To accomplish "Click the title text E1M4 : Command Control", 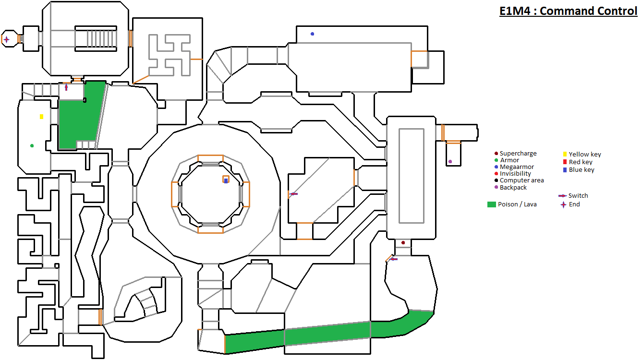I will coord(568,11).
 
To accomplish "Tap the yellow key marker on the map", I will coord(42,117).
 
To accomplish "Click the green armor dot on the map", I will coord(32,145).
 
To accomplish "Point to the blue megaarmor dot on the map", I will coord(312,34).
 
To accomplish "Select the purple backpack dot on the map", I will coord(450,162).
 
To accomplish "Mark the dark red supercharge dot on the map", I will coord(403,243).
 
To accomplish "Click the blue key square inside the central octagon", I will coord(226,180).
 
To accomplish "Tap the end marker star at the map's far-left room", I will coord(6,39).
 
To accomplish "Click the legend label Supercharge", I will coord(518,154).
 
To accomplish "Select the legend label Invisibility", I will coord(515,174).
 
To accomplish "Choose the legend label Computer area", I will coord(521,180).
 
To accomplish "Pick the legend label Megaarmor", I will coord(517,167).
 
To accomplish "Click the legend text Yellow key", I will coord(585,155).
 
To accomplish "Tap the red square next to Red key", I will coord(565,162).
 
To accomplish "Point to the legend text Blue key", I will coord(581,170).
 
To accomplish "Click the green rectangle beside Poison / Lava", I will coord(491,204).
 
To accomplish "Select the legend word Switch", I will coord(578,196).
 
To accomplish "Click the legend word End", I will coord(574,204).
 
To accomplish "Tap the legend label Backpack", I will coord(513,188).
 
